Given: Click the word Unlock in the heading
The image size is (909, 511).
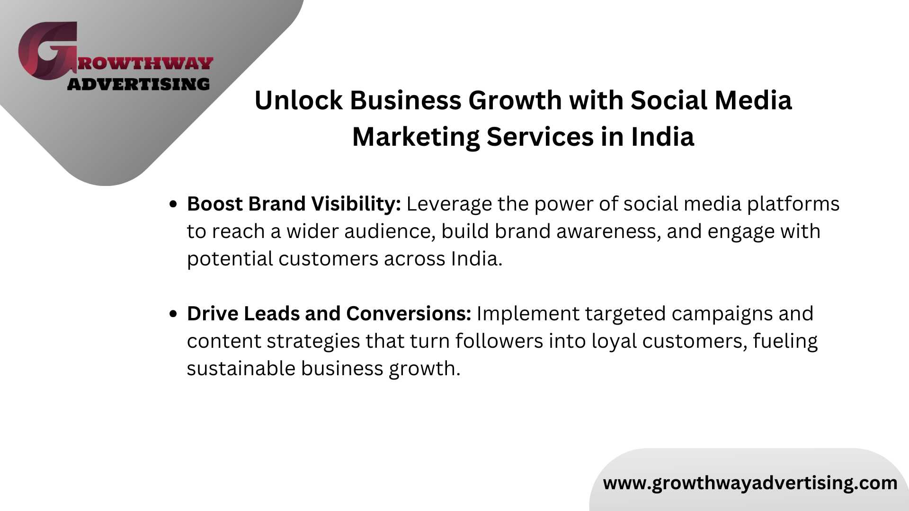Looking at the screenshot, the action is [298, 100].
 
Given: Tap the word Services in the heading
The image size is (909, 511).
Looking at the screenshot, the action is [540, 137].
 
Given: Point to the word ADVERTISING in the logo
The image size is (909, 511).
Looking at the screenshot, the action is [138, 84].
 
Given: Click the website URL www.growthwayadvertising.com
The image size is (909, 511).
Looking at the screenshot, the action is [750, 483].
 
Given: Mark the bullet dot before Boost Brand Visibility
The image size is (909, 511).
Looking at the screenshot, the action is [173, 204].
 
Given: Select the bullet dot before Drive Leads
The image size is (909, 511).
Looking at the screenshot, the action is [173, 314].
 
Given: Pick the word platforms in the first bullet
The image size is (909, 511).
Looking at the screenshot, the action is [793, 204].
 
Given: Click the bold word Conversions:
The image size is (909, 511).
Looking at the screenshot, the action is [409, 314].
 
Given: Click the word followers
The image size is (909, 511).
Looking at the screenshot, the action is [499, 341].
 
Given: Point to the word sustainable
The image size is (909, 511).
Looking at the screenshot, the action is [241, 369].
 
